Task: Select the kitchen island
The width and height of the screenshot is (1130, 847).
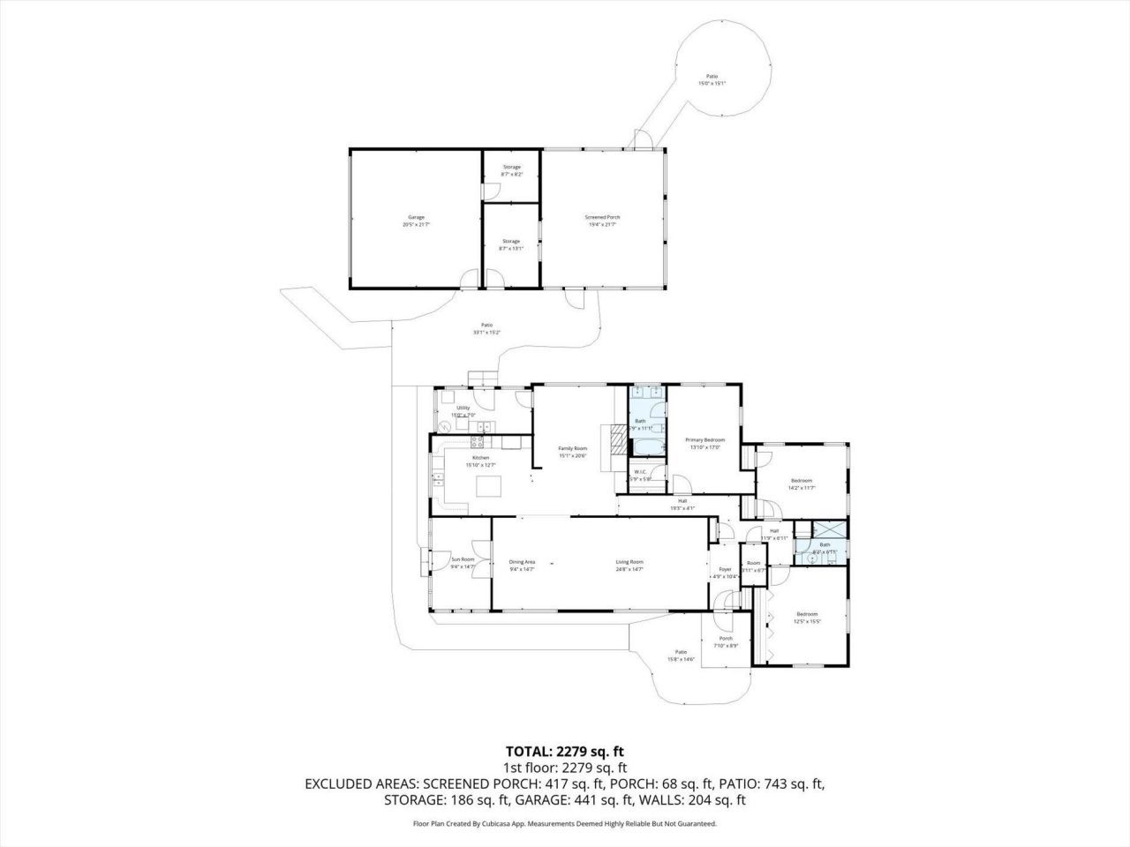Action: coord(488,487)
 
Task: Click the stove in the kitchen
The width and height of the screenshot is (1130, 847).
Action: coord(484,428)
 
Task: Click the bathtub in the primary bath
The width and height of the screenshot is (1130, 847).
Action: coord(649,446)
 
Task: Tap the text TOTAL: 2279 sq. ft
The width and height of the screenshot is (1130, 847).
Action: coord(565,752)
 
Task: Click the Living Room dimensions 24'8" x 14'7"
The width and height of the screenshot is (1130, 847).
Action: coord(629,570)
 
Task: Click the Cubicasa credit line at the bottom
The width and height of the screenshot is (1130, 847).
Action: coord(565,823)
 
